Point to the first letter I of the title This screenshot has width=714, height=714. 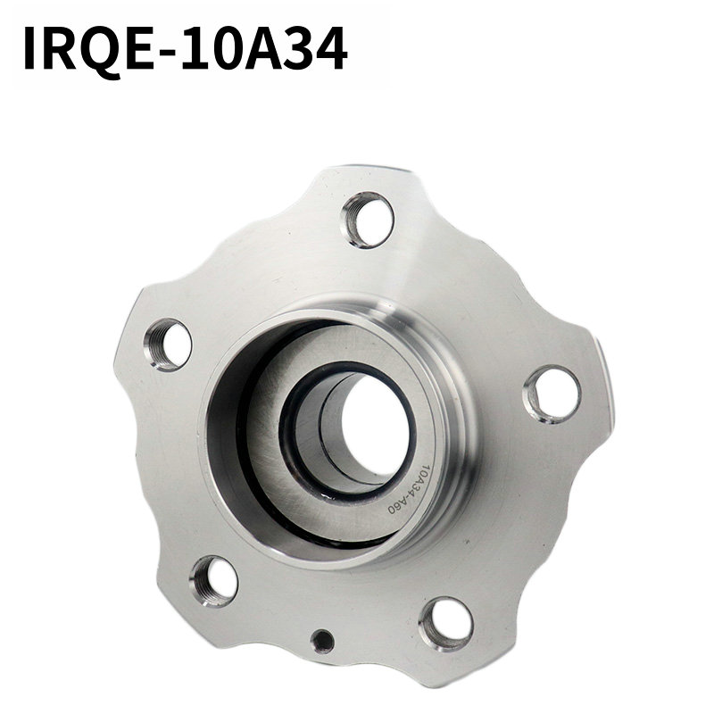point(29,48)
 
